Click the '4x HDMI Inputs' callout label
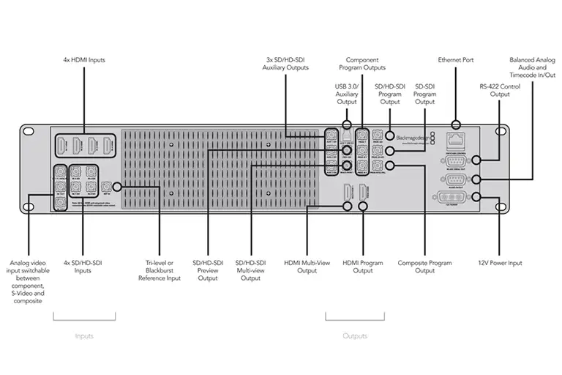(x=83, y=59)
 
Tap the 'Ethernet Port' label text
(x=456, y=59)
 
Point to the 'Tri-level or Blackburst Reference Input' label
(x=159, y=270)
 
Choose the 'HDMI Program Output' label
(x=363, y=267)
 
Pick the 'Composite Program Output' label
(x=424, y=267)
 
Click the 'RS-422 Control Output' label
(x=499, y=90)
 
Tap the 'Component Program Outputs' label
(x=366, y=64)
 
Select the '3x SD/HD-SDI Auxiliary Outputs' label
(x=286, y=64)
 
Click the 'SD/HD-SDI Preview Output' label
(x=208, y=270)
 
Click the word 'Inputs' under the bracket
(x=84, y=336)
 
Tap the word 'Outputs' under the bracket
(x=355, y=336)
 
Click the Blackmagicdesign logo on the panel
(x=414, y=136)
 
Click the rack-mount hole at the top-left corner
(x=29, y=132)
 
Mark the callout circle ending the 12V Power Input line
(x=477, y=197)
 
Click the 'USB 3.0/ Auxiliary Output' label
(x=347, y=94)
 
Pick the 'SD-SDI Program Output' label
(x=424, y=94)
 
